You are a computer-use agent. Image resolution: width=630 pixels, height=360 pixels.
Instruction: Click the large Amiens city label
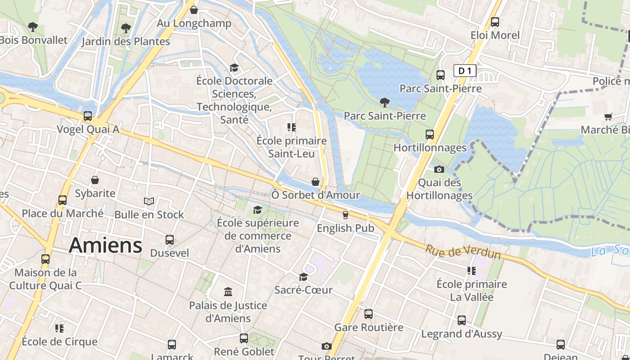(105, 246)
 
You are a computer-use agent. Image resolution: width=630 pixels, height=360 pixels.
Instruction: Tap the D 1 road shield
(464, 71)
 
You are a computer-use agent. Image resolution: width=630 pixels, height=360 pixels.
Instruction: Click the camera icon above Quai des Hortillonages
(439, 170)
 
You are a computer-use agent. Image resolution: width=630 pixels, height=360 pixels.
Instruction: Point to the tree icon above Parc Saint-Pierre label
(384, 102)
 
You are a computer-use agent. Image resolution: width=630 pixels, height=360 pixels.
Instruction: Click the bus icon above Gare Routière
(369, 314)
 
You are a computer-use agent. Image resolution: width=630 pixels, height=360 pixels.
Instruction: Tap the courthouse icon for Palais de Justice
(228, 292)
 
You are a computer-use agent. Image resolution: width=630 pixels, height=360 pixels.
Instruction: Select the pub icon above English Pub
(345, 215)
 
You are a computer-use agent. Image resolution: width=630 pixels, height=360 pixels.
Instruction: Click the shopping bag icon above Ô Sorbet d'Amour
(315, 182)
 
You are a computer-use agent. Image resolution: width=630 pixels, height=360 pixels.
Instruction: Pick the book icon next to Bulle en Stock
(149, 201)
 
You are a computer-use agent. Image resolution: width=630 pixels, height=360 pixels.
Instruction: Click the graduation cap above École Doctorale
(234, 67)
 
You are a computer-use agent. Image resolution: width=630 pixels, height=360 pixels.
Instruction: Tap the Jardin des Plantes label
(126, 42)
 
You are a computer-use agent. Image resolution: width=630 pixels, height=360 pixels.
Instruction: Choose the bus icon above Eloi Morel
(495, 22)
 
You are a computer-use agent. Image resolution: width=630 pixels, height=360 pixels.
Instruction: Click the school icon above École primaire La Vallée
(471, 271)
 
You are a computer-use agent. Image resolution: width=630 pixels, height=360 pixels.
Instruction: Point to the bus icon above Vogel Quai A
(88, 116)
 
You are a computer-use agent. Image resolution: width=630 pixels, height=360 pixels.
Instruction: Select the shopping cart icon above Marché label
(608, 117)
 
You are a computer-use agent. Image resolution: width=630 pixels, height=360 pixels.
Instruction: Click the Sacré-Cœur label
(303, 290)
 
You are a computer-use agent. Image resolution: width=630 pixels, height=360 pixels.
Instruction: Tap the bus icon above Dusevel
(169, 239)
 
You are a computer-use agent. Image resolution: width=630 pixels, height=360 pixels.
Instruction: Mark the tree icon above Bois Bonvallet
(32, 27)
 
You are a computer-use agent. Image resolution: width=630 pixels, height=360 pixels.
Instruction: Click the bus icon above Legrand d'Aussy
(462, 320)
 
